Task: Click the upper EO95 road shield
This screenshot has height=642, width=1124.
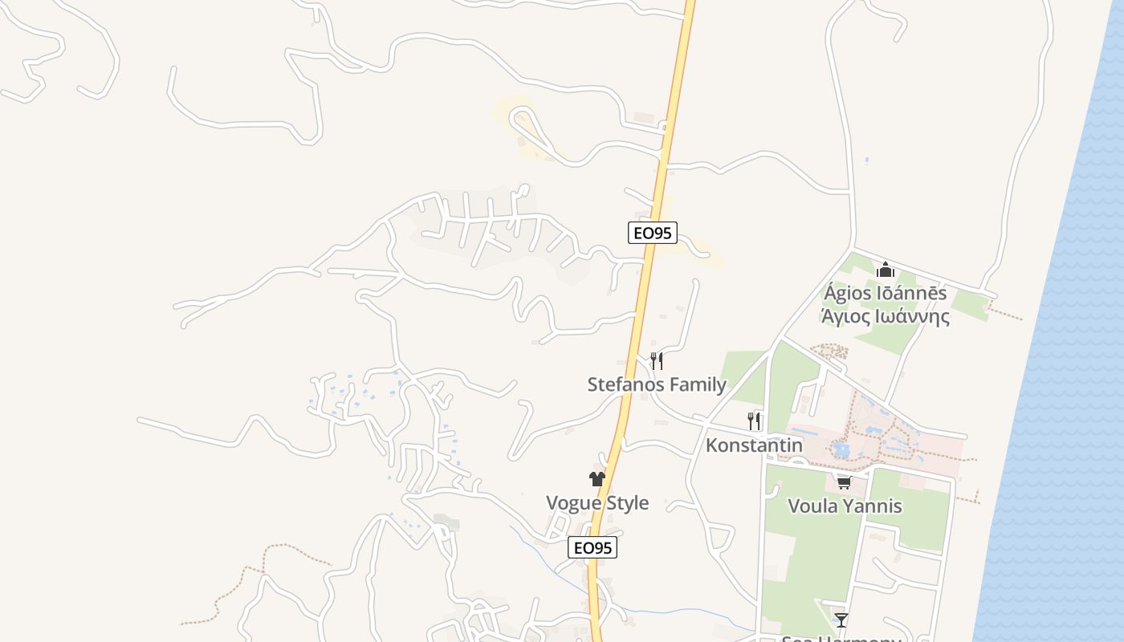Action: [653, 233]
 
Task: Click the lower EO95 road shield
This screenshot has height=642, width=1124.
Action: [593, 548]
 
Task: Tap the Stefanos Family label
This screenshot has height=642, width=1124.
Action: [657, 384]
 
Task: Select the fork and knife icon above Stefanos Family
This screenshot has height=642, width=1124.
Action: [657, 360]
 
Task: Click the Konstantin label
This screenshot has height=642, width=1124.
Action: [754, 445]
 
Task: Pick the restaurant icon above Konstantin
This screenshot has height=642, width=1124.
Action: [754, 421]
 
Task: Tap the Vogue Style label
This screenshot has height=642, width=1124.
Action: [597, 503]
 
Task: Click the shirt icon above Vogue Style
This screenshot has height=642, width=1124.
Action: [597, 479]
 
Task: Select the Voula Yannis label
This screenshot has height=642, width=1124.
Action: [845, 506]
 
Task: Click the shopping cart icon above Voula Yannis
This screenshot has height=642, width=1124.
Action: [844, 482]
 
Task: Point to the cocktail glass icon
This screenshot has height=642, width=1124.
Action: [841, 620]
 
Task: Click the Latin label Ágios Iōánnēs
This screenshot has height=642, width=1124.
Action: [885, 293]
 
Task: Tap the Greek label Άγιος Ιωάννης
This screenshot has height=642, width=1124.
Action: [885, 316]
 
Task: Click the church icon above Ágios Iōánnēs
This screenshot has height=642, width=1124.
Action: [886, 270]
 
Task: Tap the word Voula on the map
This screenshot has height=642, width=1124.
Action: [812, 506]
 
